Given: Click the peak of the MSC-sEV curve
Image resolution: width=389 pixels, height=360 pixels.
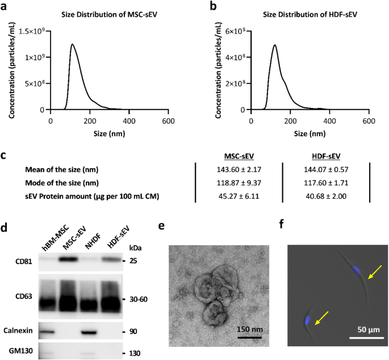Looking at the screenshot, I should coord(72,44).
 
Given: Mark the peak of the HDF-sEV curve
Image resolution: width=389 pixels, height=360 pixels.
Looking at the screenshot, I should coord(274,45).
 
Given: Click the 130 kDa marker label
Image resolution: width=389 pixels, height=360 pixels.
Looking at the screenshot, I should coord(134,353).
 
